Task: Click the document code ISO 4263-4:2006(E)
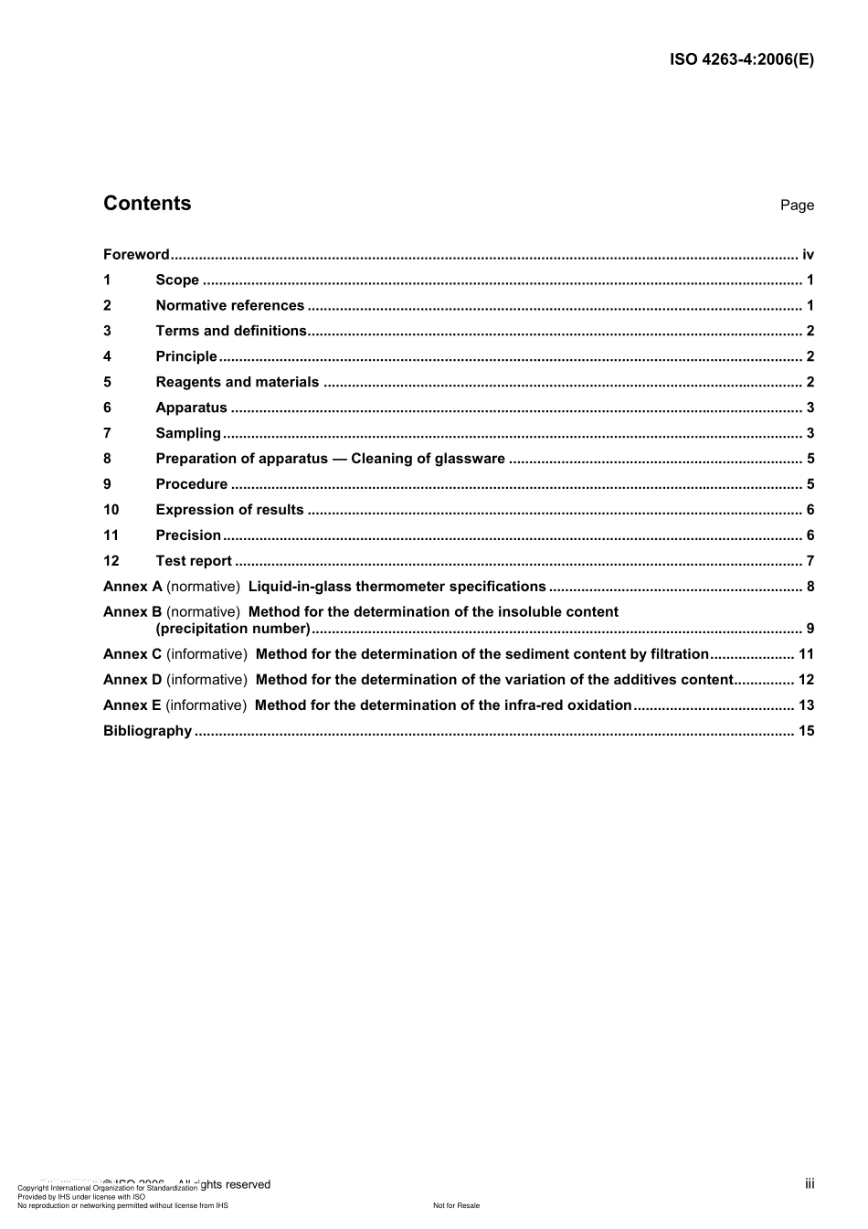741,60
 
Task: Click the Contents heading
147,204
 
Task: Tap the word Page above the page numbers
797,206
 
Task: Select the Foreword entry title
136,255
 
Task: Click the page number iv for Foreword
808,255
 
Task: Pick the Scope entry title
177,281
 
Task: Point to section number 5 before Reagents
108,383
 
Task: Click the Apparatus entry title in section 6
191,408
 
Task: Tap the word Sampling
188,434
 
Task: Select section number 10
111,511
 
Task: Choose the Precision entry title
188,536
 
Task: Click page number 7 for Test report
810,562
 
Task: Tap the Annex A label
132,588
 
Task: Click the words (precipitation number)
233,629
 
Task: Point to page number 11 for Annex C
806,654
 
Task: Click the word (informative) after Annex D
206,680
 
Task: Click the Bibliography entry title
147,731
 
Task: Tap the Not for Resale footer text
456,1206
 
